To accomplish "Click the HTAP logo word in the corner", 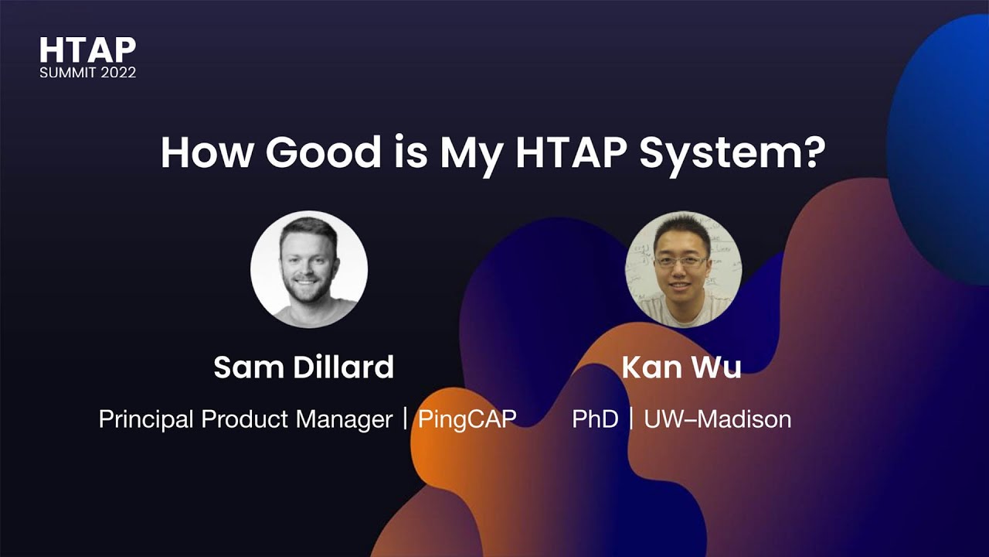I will (87, 50).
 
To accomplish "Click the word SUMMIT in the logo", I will (66, 73).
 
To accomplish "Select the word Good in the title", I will (323, 152).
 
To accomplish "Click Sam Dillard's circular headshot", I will (309, 269).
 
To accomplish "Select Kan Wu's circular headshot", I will (682, 269).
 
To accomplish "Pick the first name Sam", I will (242, 367).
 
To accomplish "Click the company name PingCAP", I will (467, 419).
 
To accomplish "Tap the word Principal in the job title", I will (146, 419).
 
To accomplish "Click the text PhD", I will (595, 419).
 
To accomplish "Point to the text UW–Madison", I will (717, 419).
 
